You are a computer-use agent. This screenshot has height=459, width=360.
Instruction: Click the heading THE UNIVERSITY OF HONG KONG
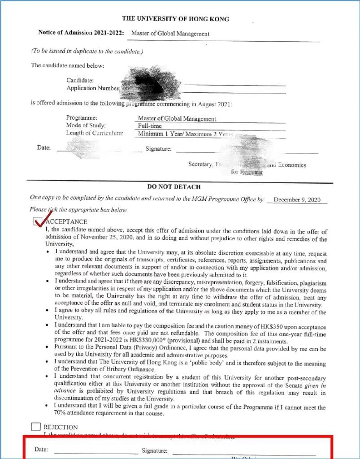pyautogui.click(x=175, y=19)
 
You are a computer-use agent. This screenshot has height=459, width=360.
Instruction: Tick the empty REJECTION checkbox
pyautogui.click(x=36, y=427)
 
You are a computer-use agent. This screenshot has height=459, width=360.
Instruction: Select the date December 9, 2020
pyautogui.click(x=297, y=200)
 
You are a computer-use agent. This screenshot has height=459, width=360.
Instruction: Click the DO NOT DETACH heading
pyautogui.click(x=174, y=186)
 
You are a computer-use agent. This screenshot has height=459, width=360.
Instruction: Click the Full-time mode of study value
pyautogui.click(x=150, y=126)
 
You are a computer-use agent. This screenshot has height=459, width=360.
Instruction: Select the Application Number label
pyautogui.click(x=93, y=88)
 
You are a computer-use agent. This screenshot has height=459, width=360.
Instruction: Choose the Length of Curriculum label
pyautogui.click(x=95, y=133)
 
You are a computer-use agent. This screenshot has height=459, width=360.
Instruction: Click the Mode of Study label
pyautogui.click(x=86, y=126)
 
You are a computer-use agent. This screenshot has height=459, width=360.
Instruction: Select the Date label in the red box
pyautogui.click(x=41, y=450)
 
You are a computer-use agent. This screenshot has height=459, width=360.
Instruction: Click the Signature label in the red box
pyautogui.click(x=154, y=450)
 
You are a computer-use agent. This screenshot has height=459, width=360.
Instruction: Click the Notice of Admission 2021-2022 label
pyautogui.click(x=82, y=33)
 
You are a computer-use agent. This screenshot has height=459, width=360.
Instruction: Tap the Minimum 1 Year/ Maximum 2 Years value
pyautogui.click(x=185, y=134)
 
